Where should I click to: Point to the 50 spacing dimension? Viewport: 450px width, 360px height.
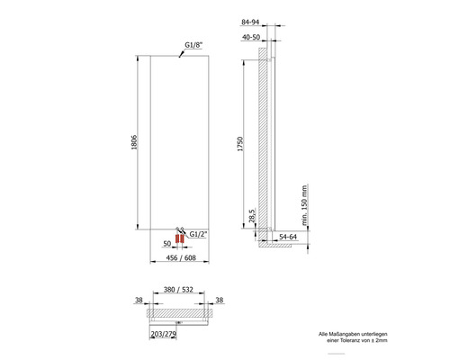pyautogui.click(x=166, y=243)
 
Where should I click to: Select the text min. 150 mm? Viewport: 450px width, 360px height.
pyautogui.click(x=305, y=206)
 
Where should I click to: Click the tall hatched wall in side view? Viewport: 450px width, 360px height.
pyautogui.click(x=262, y=144)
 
